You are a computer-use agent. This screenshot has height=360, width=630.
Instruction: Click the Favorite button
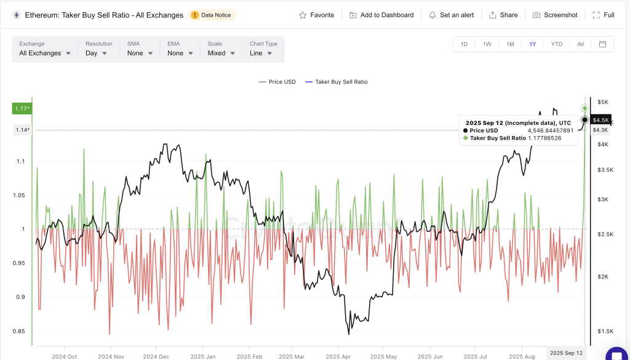(316, 15)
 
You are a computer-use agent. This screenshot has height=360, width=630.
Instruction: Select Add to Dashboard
(381, 15)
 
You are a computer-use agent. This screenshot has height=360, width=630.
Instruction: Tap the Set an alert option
(451, 15)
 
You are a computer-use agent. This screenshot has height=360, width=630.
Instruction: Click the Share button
(504, 15)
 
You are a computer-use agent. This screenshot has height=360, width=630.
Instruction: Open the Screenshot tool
(555, 15)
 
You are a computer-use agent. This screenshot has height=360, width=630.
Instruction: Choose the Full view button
(603, 15)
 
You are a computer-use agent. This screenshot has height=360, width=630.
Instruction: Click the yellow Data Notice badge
(212, 15)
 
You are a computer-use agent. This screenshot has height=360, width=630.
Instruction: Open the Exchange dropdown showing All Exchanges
(44, 53)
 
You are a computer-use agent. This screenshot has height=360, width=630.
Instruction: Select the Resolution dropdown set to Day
(97, 53)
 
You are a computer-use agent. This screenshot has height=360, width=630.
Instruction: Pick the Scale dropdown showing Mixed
(221, 53)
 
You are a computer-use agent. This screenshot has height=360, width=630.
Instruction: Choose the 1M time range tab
(510, 44)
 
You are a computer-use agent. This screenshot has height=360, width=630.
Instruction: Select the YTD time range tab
(556, 44)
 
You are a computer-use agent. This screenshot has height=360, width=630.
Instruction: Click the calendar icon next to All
(602, 44)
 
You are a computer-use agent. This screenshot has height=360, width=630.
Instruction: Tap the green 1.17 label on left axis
(22, 109)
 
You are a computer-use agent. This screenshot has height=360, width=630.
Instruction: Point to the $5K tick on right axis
(604, 102)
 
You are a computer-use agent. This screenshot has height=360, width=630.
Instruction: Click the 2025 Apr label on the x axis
(338, 356)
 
